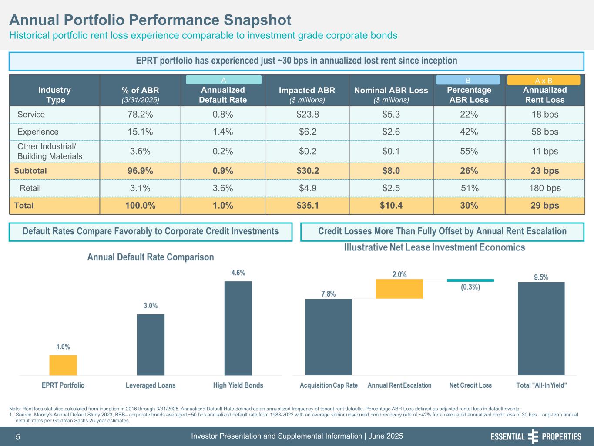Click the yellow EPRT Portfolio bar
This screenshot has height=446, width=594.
63,365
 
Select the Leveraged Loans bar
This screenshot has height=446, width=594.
151,345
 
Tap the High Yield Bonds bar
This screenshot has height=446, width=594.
238,328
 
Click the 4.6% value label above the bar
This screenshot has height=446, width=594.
238,273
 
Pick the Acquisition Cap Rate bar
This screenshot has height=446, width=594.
329,337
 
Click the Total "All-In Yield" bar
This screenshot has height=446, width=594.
541,328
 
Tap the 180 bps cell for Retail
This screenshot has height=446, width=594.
544,188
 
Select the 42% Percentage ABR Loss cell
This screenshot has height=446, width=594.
469,132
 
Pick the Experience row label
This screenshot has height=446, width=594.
38,132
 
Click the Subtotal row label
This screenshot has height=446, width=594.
30,171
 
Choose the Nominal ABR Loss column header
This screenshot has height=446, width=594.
391,95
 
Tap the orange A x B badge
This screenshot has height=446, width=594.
544,80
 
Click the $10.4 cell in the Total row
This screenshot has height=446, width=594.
391,206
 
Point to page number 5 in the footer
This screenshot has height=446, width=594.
18,436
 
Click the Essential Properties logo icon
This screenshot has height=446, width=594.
533,436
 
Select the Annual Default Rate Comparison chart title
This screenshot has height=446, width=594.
151,257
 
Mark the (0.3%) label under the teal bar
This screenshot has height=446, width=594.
470,287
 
